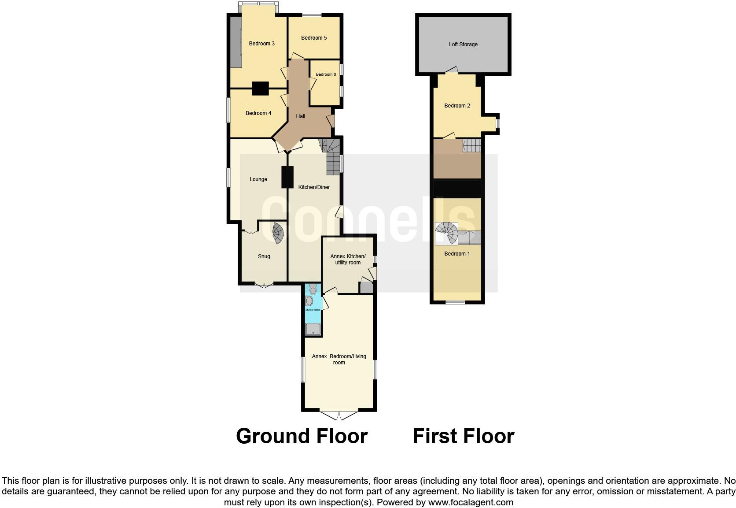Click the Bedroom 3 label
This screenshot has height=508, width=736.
pos(261,44)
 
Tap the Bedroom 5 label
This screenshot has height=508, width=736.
pos(314,38)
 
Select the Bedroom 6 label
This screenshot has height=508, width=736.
pos(326,74)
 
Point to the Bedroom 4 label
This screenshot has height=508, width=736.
pos(258,113)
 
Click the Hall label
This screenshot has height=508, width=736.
pos(301,116)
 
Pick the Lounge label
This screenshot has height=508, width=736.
pos(258,179)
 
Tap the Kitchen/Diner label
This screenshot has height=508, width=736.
pos(314,187)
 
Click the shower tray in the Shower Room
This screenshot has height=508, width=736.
pos(313,329)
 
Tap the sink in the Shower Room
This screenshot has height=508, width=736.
pos(309,301)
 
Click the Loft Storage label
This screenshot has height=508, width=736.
pos(463,44)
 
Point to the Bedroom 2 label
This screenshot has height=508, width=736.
pos(457,106)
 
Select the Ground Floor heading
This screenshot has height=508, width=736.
pos(302,436)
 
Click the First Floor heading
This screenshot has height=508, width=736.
pos(463,436)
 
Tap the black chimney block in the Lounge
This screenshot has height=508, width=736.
pos(287,177)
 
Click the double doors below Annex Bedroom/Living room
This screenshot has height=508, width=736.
pos(339,415)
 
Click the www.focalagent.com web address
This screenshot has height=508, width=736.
pos(470,502)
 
